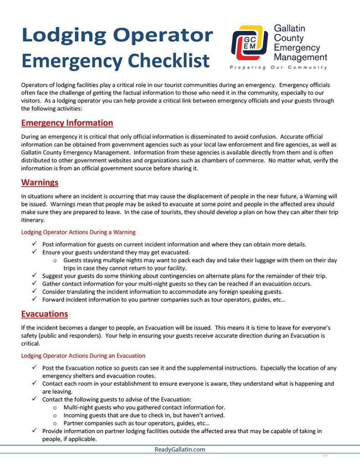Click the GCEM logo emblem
(249, 43)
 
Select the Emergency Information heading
(67, 123)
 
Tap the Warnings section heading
(40, 182)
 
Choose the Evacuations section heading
(45, 314)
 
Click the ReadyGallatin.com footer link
(180, 450)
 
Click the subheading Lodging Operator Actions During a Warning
(78, 232)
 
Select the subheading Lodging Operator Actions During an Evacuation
(83, 355)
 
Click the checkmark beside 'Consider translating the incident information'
(35, 291)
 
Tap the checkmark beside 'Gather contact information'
(35, 284)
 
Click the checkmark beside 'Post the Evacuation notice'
(35, 368)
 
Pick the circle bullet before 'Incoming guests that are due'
(55, 415)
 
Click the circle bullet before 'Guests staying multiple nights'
(55, 260)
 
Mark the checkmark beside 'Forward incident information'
(35, 299)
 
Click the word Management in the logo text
(300, 57)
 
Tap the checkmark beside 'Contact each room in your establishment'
(35, 384)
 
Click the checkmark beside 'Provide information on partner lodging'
(35, 431)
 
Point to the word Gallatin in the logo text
(289, 28)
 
